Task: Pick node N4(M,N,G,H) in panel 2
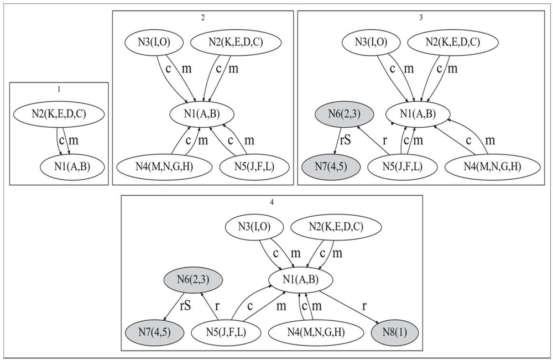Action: [157, 165]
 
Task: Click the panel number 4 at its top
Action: [272, 201]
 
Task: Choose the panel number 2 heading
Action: [203, 17]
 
